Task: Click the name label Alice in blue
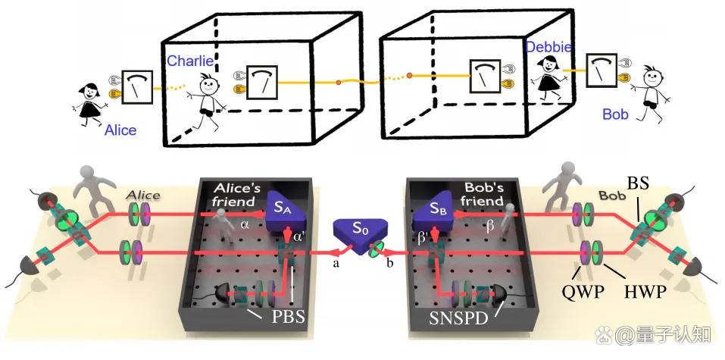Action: [x=120, y=130]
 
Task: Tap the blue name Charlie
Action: [x=189, y=61]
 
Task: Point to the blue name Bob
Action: [x=616, y=114]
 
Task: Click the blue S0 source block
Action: [x=356, y=232]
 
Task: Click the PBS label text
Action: [x=289, y=318]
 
